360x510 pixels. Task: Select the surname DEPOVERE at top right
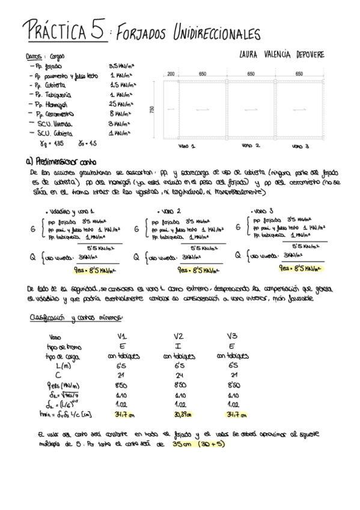(302, 55)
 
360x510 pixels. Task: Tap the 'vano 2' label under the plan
(250, 146)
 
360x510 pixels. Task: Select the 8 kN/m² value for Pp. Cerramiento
(120, 113)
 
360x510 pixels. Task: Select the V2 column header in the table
(179, 336)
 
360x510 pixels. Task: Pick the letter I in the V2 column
(179, 346)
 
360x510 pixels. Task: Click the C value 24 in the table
(179, 375)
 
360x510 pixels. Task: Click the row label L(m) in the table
(61, 365)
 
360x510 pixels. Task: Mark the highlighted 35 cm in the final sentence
(180, 445)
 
